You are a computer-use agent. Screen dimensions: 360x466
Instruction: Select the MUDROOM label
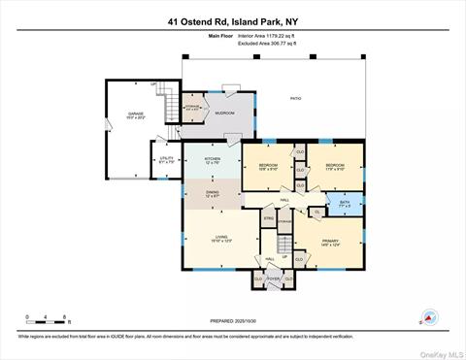[x=225, y=114]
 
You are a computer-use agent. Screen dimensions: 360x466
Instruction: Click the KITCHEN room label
[x=213, y=160]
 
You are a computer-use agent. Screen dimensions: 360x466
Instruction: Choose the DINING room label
[x=213, y=193]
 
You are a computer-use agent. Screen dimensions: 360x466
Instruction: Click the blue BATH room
[x=344, y=204]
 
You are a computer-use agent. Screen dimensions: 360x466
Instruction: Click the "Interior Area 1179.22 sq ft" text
[x=265, y=35]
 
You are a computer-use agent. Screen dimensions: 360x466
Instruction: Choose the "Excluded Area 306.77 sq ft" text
[x=265, y=44]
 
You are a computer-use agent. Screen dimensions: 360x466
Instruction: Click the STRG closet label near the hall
[x=268, y=219]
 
